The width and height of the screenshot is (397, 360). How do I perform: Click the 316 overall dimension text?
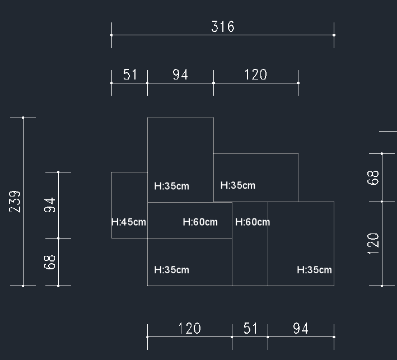(222, 27)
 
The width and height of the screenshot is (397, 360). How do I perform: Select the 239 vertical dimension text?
(15, 202)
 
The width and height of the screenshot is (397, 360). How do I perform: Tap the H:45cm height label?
(129, 222)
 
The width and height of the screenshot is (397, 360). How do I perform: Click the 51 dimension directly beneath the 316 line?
(130, 75)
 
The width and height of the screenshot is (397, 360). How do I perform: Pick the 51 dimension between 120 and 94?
(250, 329)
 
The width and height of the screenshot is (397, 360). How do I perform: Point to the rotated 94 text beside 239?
(50, 205)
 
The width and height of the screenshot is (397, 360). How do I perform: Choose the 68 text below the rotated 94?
(50, 262)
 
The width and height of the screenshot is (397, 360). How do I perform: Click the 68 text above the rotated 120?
(373, 177)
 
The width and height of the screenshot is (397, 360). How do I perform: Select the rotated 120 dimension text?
(373, 244)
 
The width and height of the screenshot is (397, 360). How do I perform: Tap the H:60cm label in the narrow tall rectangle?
(252, 222)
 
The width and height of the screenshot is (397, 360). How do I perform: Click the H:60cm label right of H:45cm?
(200, 222)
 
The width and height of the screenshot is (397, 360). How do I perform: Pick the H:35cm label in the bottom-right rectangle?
(314, 270)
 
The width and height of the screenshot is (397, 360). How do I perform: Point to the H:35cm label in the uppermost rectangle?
(171, 186)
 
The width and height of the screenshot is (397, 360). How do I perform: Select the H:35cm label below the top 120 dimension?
(237, 185)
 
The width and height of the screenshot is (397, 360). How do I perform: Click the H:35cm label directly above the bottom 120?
(171, 270)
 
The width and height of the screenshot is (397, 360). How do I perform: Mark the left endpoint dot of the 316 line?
(111, 35)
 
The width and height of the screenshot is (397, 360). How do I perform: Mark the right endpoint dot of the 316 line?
(334, 35)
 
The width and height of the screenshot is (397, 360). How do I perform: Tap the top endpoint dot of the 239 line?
(23, 118)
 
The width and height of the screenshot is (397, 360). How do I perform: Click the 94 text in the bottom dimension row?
(301, 329)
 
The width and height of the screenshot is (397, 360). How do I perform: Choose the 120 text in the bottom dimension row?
(189, 329)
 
